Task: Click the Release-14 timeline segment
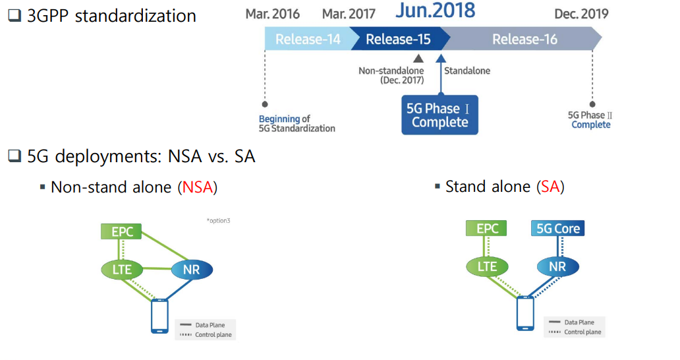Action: (307, 40)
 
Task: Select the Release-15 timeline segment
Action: (398, 40)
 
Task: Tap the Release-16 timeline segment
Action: (524, 40)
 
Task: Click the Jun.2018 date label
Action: (435, 11)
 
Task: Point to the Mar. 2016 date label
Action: (272, 14)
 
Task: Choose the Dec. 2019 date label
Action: (581, 14)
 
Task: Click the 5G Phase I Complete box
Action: (439, 115)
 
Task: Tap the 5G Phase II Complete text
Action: (590, 120)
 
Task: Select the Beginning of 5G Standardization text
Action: (297, 123)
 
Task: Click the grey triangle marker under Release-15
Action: (418, 59)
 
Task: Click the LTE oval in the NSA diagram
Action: (122, 269)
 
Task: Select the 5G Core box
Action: (557, 229)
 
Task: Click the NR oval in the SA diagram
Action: (557, 266)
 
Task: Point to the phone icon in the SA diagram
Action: (525, 313)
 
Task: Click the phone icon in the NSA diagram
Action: (159, 316)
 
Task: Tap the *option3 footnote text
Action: (218, 220)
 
